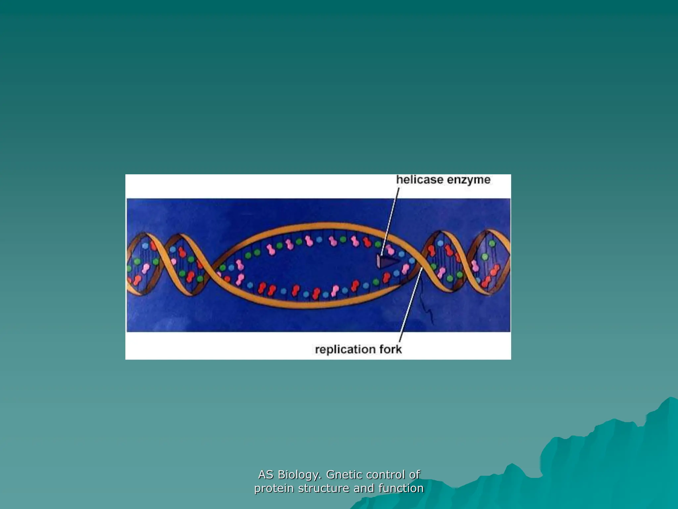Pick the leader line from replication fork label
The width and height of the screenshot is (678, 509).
(411, 305)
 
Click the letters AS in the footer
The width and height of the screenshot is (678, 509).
(266, 475)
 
